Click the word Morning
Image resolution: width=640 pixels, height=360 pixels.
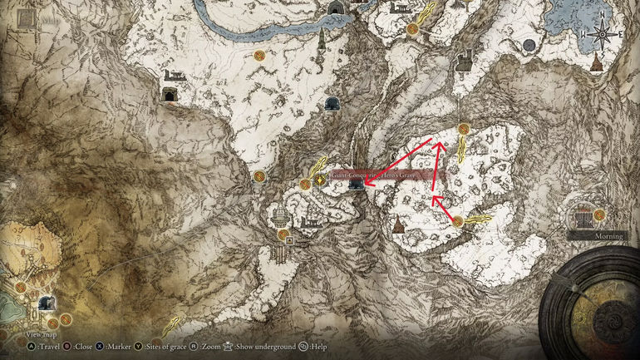tap(608, 236)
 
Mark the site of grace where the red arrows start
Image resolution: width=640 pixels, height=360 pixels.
tap(458, 220)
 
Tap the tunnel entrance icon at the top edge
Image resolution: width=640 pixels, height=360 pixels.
tap(337, 8)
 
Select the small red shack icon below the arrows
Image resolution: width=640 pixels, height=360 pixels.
tap(399, 224)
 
